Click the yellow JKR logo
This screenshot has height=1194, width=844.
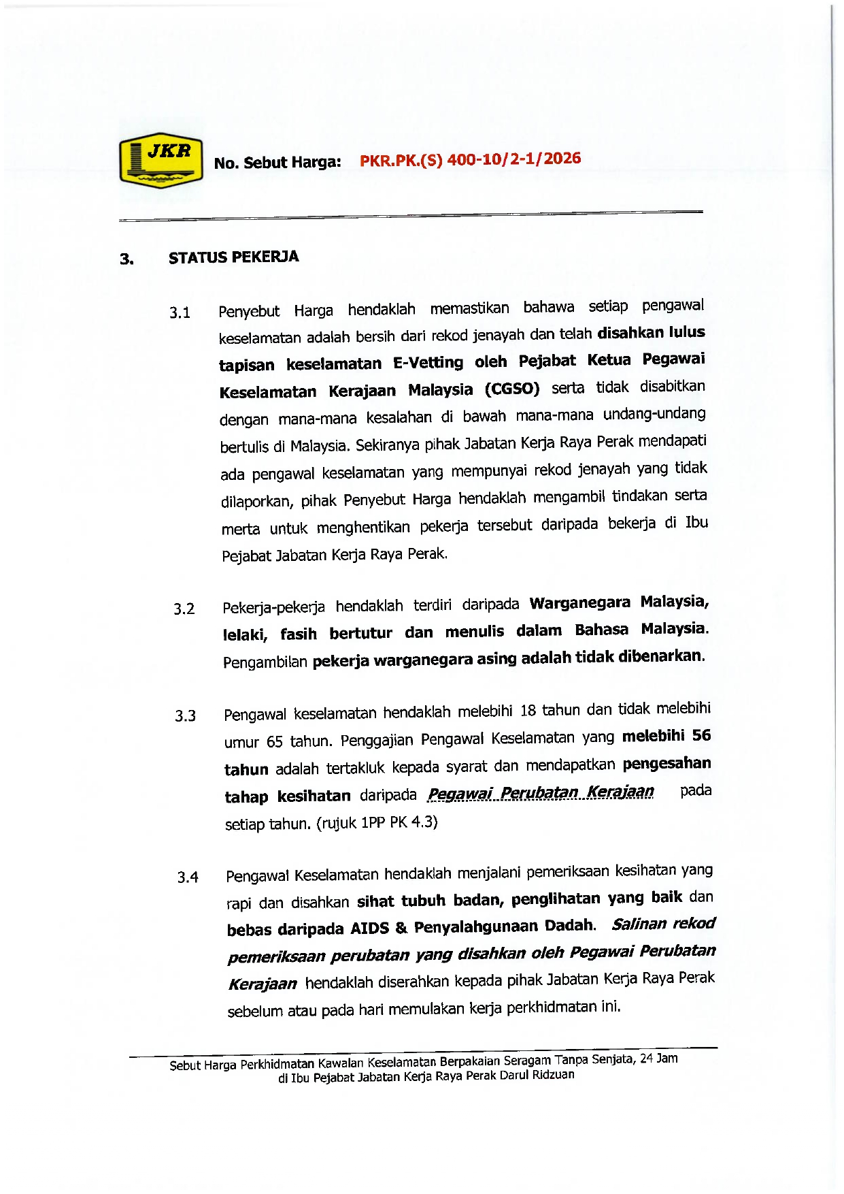tap(161, 161)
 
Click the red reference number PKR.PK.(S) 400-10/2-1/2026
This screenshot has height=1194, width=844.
tap(470, 159)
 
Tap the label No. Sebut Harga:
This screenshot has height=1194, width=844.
tap(277, 163)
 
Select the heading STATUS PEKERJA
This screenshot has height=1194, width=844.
tap(233, 257)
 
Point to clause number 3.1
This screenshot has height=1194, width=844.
tap(180, 313)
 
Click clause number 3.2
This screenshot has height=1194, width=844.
tap(184, 609)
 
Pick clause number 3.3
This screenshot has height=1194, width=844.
tap(185, 716)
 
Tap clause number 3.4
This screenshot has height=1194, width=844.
tap(188, 877)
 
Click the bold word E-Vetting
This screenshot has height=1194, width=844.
tap(428, 362)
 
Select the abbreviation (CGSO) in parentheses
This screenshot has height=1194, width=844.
tap(512, 389)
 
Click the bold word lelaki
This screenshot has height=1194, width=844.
tap(245, 635)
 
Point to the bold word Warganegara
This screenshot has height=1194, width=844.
tap(579, 603)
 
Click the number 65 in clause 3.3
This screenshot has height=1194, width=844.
tap(275, 741)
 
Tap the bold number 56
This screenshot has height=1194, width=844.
tap(701, 735)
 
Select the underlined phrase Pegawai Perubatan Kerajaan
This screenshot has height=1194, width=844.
tap(541, 792)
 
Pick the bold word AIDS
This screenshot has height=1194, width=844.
tap(369, 929)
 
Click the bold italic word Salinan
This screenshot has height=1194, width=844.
tap(637, 924)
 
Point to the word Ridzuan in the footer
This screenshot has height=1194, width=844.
tap(553, 1075)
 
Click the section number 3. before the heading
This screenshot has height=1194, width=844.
tap(126, 259)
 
